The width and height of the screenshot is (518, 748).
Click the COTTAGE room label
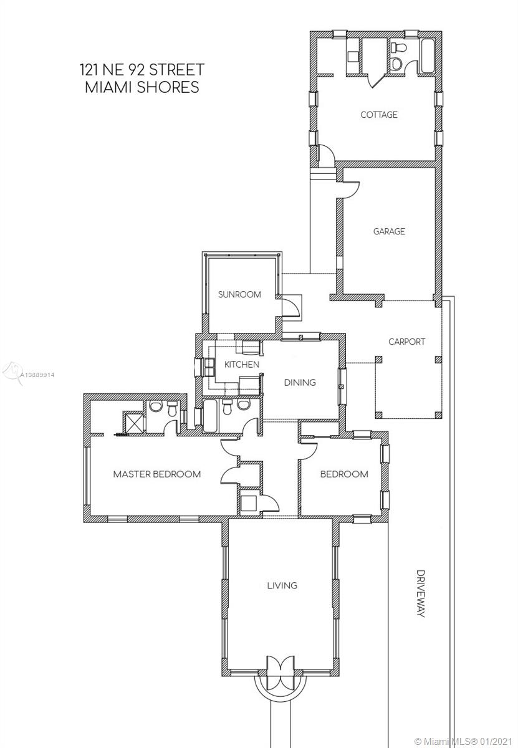point(379,115)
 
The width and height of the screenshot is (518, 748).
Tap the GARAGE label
point(389,231)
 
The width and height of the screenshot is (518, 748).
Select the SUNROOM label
point(239,294)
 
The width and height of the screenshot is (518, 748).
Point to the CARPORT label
point(407,342)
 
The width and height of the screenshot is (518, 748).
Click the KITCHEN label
point(242,364)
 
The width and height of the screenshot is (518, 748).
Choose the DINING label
point(300,382)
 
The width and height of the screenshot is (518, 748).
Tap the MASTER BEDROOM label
point(157,474)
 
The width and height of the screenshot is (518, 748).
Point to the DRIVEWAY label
point(421,593)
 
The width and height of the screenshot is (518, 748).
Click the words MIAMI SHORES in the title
point(142,87)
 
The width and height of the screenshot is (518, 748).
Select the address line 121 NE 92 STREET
point(141,69)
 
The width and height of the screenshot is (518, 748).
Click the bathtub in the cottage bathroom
point(428,55)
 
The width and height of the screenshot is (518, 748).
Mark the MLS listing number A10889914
point(37,375)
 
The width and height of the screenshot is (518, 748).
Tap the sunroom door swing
point(290,307)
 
